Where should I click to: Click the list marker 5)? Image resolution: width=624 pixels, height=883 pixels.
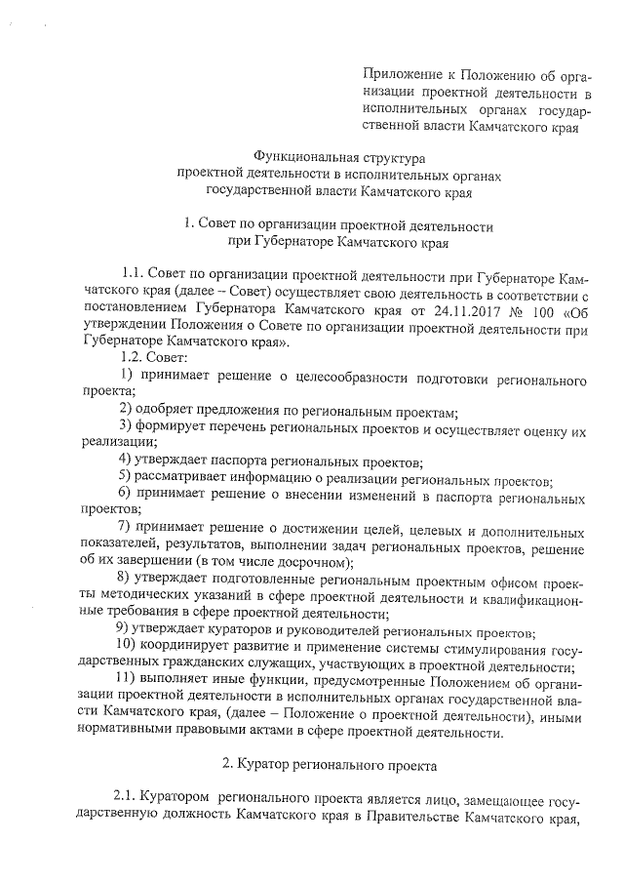[x=124, y=478]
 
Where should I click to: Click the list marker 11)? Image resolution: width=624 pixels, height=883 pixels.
[x=128, y=684]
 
